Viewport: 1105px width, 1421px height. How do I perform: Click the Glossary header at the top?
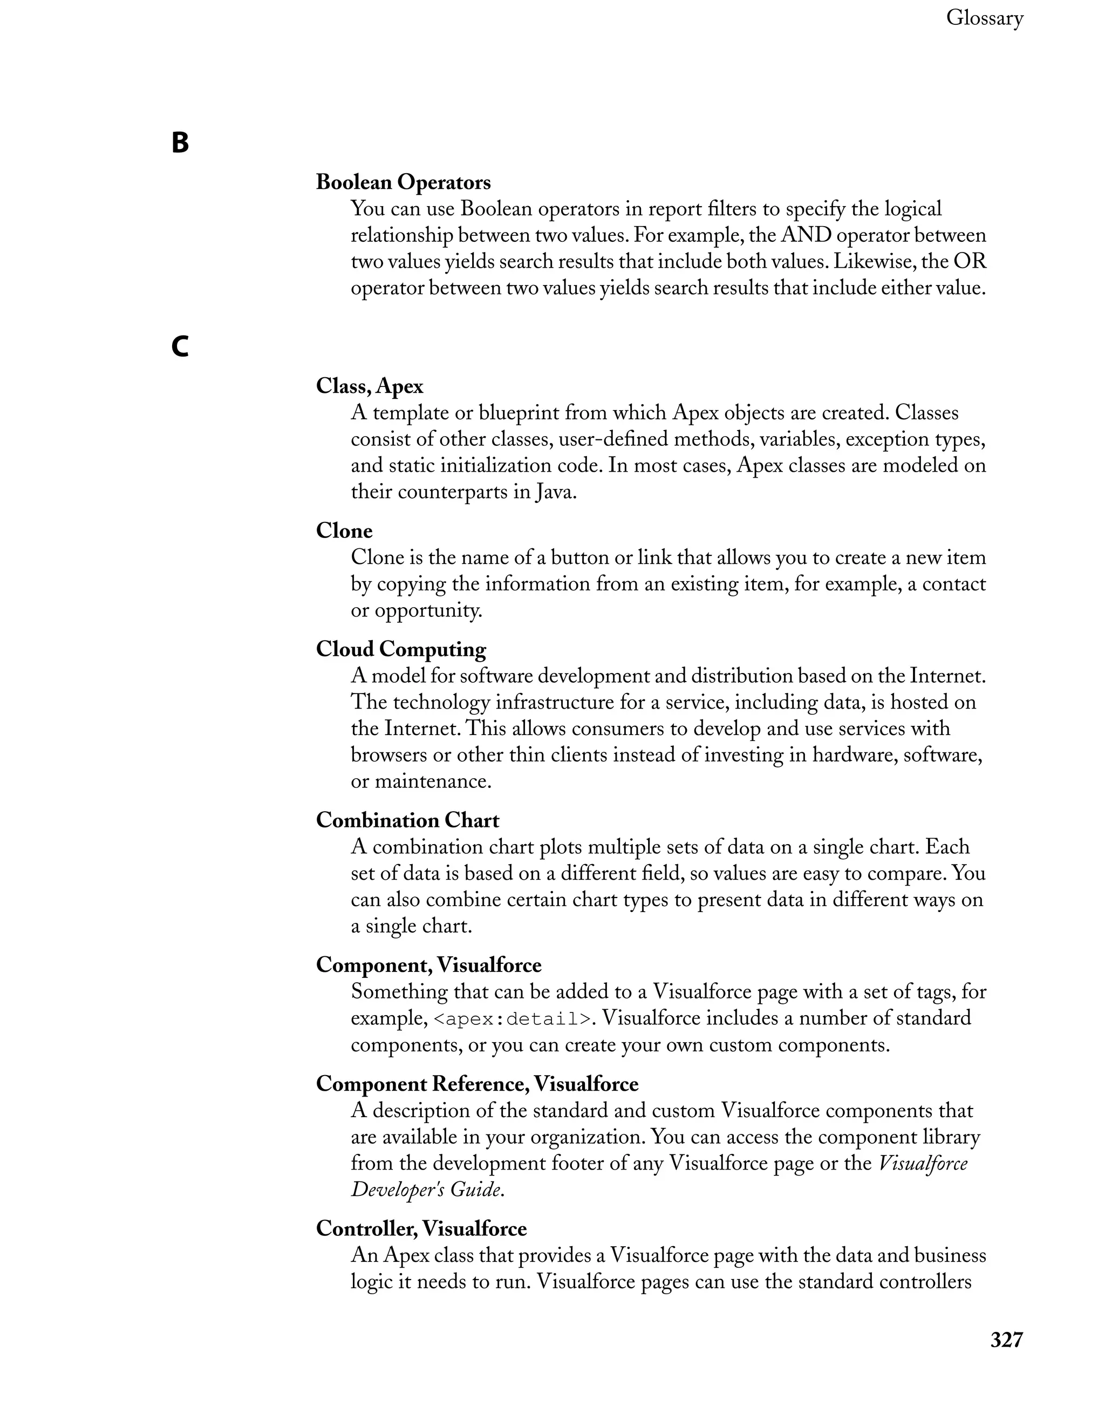(984, 18)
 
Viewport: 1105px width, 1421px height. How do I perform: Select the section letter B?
(180, 142)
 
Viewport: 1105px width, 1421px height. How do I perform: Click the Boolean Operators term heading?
(403, 182)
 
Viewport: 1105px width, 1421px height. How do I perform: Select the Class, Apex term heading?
(370, 386)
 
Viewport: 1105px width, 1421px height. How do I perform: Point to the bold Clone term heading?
(344, 531)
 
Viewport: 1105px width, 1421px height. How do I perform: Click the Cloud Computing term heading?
(401, 649)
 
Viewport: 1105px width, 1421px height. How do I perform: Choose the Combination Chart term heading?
(407, 820)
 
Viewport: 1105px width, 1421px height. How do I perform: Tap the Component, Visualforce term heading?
(428, 965)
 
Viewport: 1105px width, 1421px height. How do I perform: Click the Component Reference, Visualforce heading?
(477, 1084)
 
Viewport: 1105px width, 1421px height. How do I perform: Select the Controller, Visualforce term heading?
(421, 1228)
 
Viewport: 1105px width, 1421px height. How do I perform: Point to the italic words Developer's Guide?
(427, 1190)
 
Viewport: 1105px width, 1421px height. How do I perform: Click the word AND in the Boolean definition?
(807, 235)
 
